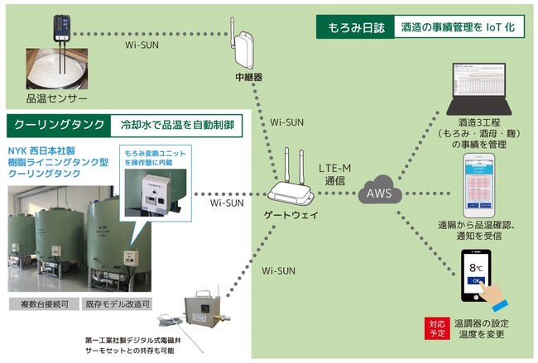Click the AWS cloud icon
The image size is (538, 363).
tap(380, 195)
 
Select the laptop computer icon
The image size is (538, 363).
tap(480, 90)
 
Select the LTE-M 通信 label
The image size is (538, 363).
tap(335, 174)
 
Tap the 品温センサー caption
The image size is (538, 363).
tap(57, 99)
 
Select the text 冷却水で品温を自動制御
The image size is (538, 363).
tap(177, 126)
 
